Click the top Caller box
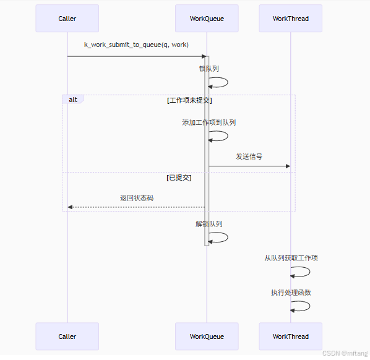click(x=67, y=19)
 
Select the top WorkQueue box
click(x=207, y=19)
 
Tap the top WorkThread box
click(x=290, y=19)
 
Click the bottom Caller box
click(x=67, y=336)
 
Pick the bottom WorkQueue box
click(x=207, y=336)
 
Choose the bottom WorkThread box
click(x=290, y=336)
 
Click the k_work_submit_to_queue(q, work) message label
click(x=136, y=45)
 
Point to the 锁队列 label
click(x=209, y=69)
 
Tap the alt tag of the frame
click(x=72, y=100)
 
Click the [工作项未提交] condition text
click(x=190, y=100)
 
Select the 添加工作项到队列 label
click(x=209, y=122)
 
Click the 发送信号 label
click(x=249, y=156)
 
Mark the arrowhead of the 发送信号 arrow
click(x=288, y=166)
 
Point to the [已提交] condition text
click(x=179, y=178)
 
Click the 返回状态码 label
click(x=137, y=198)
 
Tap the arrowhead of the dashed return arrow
click(x=70, y=207)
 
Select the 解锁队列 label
click(x=209, y=224)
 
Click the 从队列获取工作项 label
click(x=291, y=258)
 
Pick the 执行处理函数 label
click(x=291, y=293)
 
